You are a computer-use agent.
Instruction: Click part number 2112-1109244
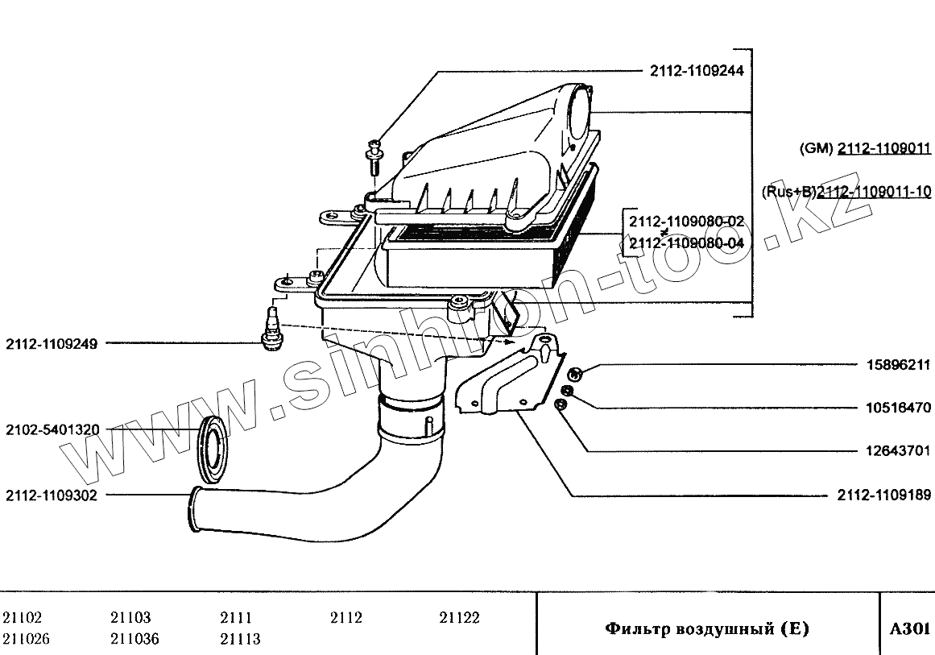(x=697, y=71)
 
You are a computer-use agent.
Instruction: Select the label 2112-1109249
(x=52, y=343)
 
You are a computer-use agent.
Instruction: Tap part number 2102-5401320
(x=52, y=430)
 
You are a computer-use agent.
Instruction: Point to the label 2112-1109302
(x=52, y=495)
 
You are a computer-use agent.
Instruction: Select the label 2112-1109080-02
(x=687, y=222)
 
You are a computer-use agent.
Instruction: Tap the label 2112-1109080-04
(x=687, y=243)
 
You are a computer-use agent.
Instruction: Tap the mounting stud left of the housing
(x=271, y=327)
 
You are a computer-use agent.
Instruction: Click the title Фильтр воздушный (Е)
(x=706, y=628)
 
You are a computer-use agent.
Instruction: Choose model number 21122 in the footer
(x=459, y=618)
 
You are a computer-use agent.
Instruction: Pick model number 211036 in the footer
(x=134, y=639)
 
